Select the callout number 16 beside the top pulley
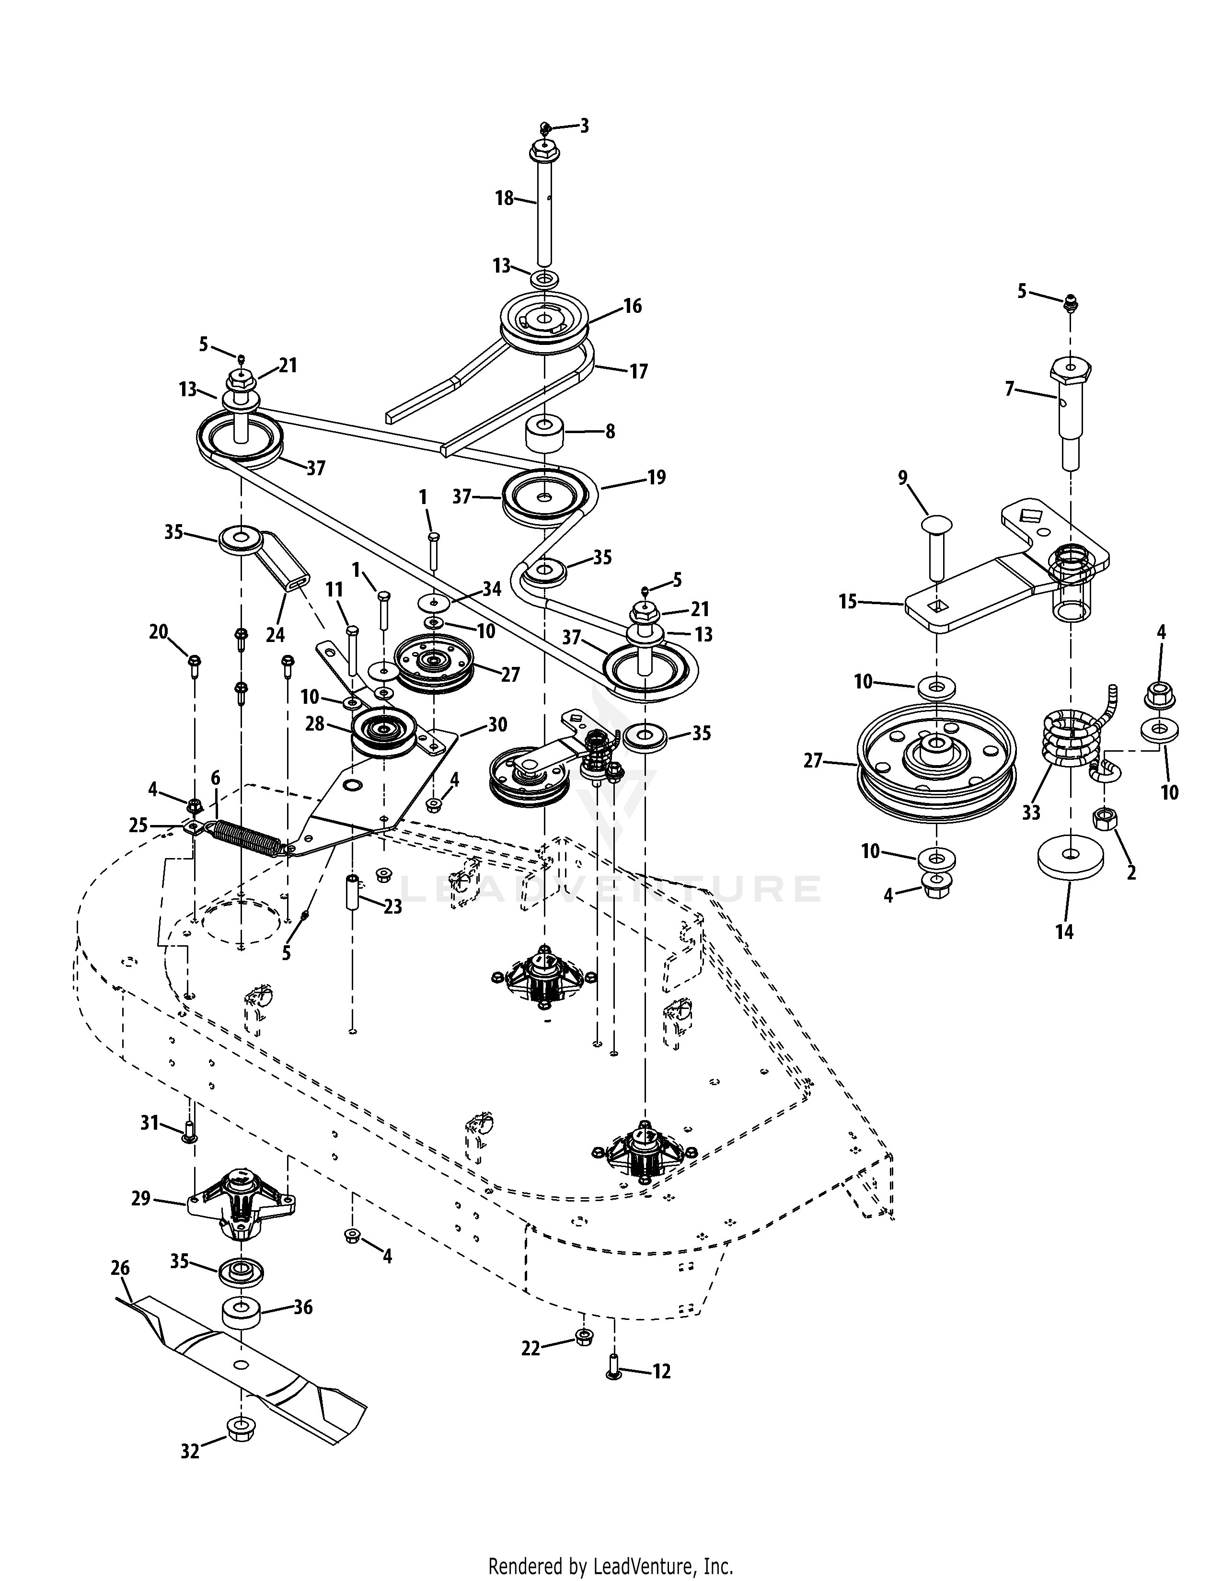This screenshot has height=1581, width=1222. (632, 306)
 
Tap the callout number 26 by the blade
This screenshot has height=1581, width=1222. (120, 1268)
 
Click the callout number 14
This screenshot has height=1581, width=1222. (1064, 932)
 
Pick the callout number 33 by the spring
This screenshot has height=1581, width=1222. (1031, 812)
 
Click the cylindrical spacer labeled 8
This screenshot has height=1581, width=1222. (544, 432)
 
